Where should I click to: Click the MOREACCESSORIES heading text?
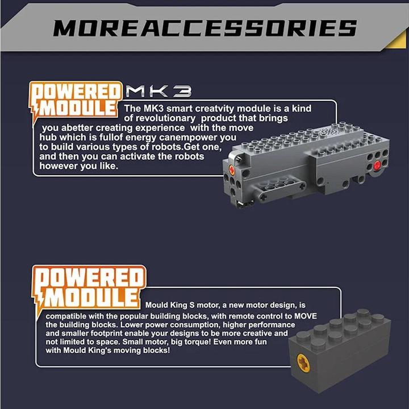[205, 28]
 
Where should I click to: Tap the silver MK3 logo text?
[158, 92]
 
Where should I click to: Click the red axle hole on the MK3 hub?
[377, 165]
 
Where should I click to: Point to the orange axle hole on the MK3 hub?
[231, 170]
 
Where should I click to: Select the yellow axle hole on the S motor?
[303, 362]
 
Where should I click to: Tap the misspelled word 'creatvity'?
[214, 109]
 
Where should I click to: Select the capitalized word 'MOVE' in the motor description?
[306, 316]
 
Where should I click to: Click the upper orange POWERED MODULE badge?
[76, 101]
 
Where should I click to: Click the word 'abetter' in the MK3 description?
[77, 128]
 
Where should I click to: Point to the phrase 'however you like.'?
[79, 166]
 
